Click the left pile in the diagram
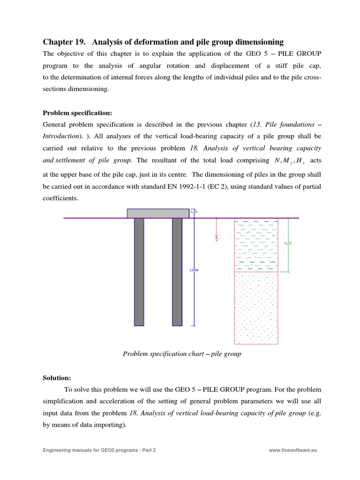pyautogui.click(x=139, y=271)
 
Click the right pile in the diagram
pyautogui.click(x=177, y=271)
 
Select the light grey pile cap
pyautogui.click(x=158, y=213)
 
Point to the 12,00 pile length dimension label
pyautogui.click(x=194, y=270)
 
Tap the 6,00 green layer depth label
pyautogui.click(x=288, y=243)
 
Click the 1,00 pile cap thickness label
pyautogui.click(x=194, y=212)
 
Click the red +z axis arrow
pyautogui.click(x=217, y=237)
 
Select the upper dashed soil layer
pyautogui.click(x=256, y=245)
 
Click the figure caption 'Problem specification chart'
pyautogui.click(x=182, y=354)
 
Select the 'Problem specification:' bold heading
pyautogui.click(x=75, y=112)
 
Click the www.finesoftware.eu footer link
pyautogui.click(x=293, y=450)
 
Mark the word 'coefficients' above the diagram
pyautogui.click(x=60, y=198)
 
